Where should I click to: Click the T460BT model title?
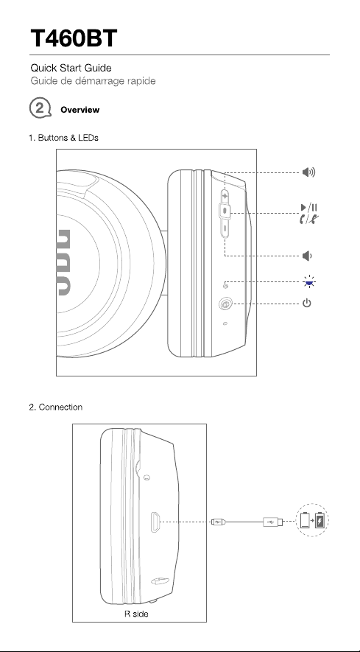(74, 38)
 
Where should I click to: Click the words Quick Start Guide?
(71, 68)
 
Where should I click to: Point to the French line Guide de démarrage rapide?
(93, 80)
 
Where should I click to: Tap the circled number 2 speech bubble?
(40, 108)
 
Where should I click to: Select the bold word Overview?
(80, 110)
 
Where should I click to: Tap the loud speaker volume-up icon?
(308, 172)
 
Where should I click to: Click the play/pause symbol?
(309, 208)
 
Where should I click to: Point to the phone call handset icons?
(309, 218)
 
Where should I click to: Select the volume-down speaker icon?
(307, 256)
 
